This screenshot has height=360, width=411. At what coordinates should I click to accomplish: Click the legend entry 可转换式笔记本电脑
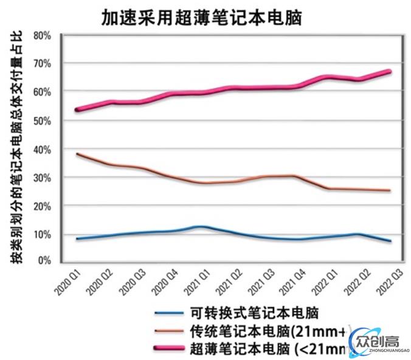(254, 313)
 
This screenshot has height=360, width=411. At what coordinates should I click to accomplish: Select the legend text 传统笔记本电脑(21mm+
(268, 331)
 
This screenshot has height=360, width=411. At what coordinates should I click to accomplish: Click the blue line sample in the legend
(168, 313)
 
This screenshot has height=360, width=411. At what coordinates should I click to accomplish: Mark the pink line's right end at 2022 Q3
(389, 71)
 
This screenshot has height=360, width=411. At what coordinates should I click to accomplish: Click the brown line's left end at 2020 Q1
(77, 154)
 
